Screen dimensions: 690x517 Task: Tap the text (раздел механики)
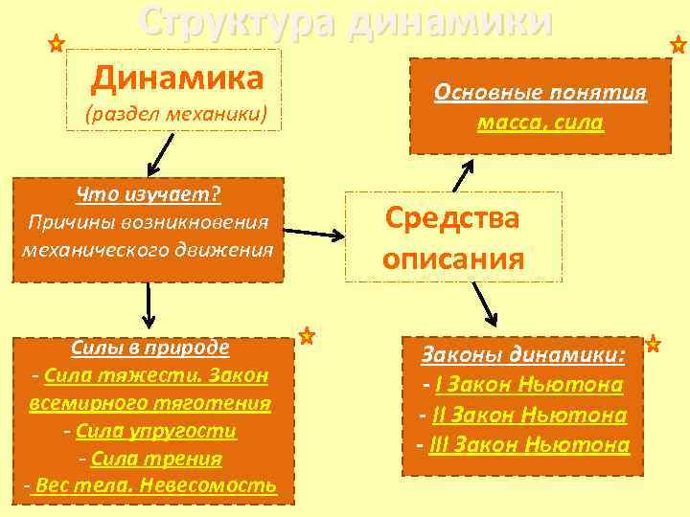(x=175, y=116)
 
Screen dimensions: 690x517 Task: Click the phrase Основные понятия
(x=540, y=93)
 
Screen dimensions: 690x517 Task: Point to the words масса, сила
(x=540, y=123)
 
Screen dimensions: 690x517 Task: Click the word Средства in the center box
(x=452, y=218)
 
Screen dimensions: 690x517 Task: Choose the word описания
(x=452, y=259)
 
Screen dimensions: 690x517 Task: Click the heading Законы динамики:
(x=523, y=356)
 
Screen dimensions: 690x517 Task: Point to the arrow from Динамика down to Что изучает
(x=161, y=151)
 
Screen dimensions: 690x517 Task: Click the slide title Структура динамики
(x=345, y=21)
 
